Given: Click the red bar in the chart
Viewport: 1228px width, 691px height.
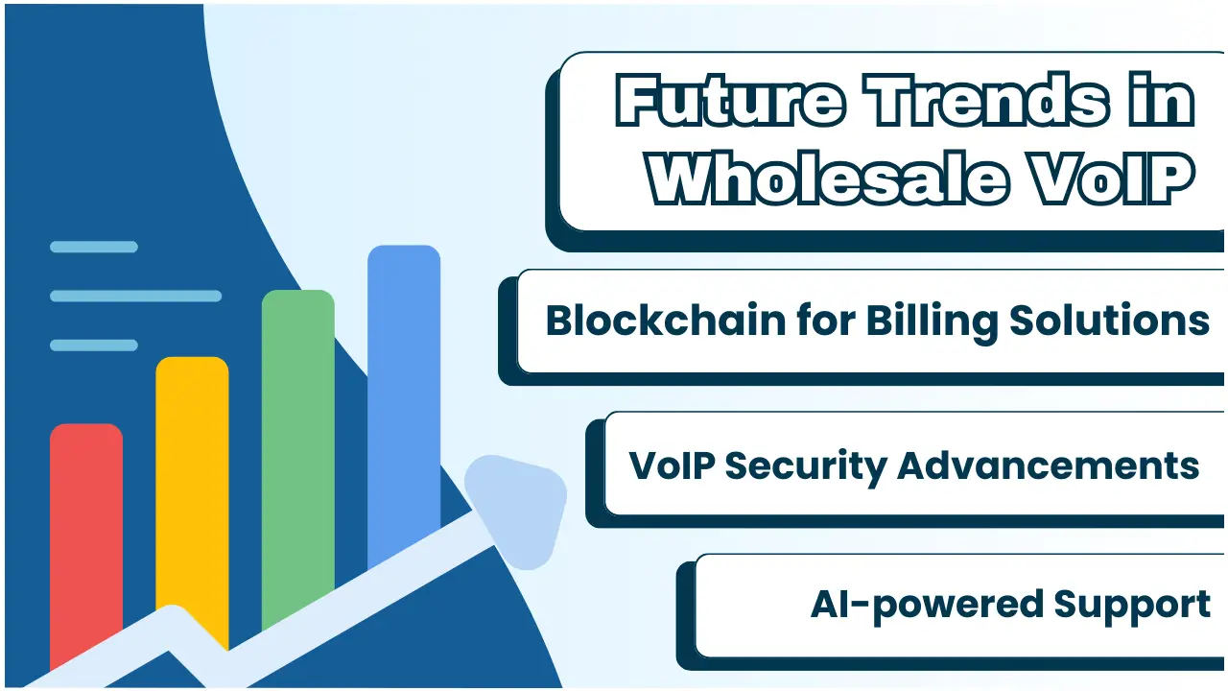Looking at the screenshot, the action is [x=86, y=543].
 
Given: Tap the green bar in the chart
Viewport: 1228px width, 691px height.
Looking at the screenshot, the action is [x=297, y=455].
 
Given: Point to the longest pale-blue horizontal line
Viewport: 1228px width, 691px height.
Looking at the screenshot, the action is [x=136, y=297].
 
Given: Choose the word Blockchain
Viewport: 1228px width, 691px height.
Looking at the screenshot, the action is [x=666, y=321].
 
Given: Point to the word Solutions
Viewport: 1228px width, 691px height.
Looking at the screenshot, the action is [x=1109, y=321].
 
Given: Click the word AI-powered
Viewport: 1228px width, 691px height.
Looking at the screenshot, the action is [x=927, y=606].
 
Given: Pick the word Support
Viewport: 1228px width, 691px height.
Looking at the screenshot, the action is [x=1131, y=606].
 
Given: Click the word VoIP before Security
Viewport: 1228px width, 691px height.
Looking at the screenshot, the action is [x=673, y=466].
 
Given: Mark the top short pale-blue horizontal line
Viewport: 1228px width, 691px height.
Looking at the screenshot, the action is [x=94, y=247].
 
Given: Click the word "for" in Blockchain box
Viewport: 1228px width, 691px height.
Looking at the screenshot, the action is [x=826, y=321].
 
